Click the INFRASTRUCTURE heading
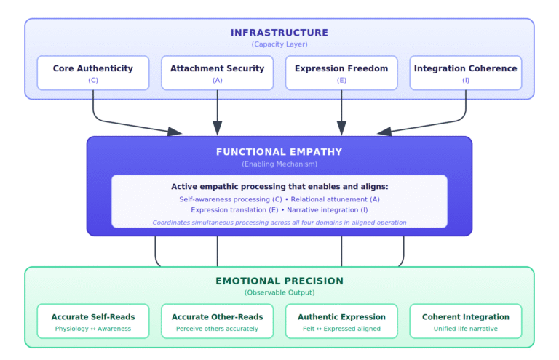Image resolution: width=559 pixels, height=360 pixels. point(279,33)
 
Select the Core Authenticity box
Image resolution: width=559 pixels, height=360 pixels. point(93,73)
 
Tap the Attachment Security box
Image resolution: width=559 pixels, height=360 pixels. point(217,73)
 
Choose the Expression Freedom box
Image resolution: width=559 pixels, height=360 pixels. point(341,73)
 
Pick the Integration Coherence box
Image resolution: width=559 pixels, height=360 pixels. point(466,73)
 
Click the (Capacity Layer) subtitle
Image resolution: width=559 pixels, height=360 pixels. point(279,44)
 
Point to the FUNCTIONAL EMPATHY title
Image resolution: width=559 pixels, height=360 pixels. point(279,152)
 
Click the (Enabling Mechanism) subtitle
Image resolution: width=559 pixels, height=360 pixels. point(279,164)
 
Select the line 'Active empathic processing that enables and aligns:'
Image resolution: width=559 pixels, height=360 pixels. point(279,187)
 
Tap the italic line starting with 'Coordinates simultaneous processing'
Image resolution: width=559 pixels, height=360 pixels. point(279,222)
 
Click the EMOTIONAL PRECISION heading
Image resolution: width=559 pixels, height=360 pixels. point(279,281)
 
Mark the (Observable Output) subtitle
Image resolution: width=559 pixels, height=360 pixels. point(279,292)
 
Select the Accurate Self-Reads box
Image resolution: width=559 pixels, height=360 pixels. point(93,321)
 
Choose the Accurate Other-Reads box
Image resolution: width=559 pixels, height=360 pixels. point(217,321)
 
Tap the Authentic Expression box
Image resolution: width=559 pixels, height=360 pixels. point(341,321)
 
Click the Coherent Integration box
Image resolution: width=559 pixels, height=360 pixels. point(466,321)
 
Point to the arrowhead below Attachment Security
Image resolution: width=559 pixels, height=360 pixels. point(217,129)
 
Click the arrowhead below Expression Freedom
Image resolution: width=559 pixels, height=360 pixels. point(341,129)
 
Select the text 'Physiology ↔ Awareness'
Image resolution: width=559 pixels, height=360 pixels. point(93,329)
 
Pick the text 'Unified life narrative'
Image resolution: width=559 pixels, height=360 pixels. point(466,329)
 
